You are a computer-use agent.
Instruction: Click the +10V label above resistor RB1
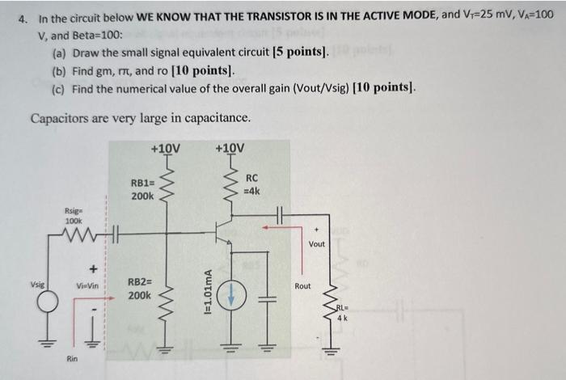(166, 149)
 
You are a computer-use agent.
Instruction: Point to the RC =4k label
(251, 184)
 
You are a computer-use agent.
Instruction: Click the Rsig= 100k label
(74, 216)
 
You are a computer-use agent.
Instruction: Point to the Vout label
(317, 243)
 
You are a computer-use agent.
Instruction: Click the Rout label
(302, 285)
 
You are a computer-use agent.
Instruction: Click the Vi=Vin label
(87, 285)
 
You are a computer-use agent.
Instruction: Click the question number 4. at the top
(23, 18)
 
